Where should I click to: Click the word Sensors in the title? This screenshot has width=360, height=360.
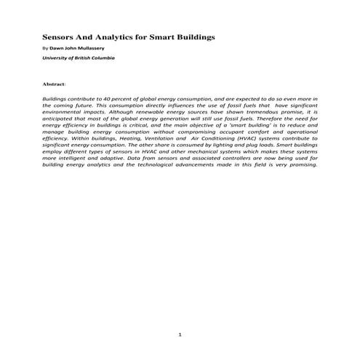(x=60, y=35)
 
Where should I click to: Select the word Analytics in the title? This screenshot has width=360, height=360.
(x=121, y=35)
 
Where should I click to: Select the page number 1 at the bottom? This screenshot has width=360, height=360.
(x=180, y=335)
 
